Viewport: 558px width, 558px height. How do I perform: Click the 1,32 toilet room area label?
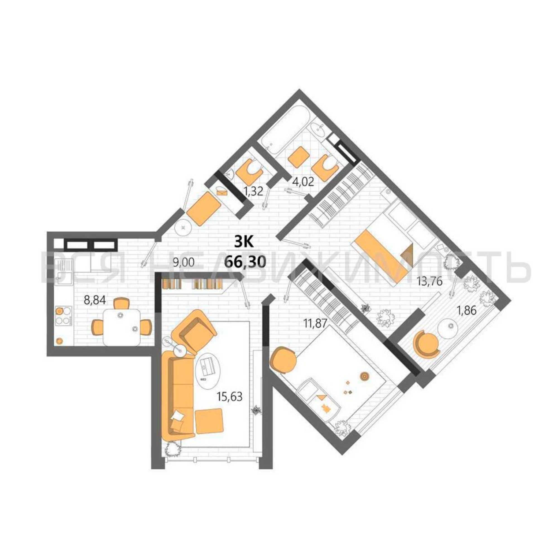(x=254, y=192)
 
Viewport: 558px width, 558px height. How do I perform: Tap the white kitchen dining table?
(x=122, y=327)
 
